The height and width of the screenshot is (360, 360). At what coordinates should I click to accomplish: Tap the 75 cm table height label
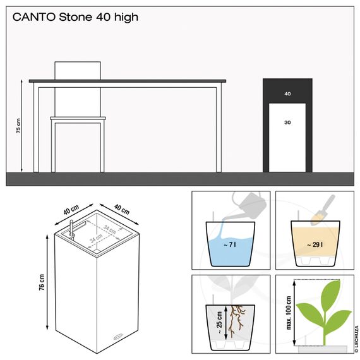18,126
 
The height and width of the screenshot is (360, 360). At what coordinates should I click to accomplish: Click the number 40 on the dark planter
287,93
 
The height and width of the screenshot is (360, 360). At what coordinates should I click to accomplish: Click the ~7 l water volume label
229,244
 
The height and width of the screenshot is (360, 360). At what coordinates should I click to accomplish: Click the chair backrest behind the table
78,71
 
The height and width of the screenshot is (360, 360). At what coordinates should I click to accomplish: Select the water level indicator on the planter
71,228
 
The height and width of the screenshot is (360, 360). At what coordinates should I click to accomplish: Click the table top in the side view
126,81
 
